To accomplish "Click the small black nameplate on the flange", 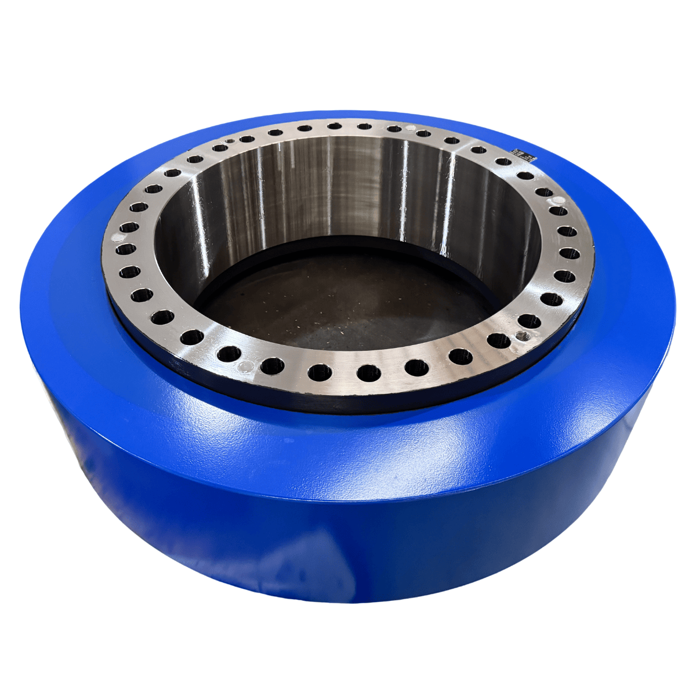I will (x=524, y=154).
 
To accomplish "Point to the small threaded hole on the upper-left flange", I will (x=230, y=141).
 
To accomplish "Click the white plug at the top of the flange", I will (x=411, y=128).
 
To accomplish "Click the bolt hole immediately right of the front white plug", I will (x=272, y=366).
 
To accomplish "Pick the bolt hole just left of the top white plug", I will (x=394, y=129).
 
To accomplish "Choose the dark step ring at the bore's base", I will (x=348, y=246).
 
